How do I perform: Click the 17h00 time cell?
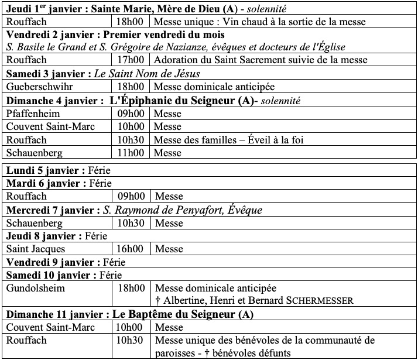[131, 60]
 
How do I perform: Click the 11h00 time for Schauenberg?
[131, 153]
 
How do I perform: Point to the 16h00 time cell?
[131, 249]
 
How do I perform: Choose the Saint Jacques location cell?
[36, 249]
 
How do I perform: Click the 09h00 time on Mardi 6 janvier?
[131, 197]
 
